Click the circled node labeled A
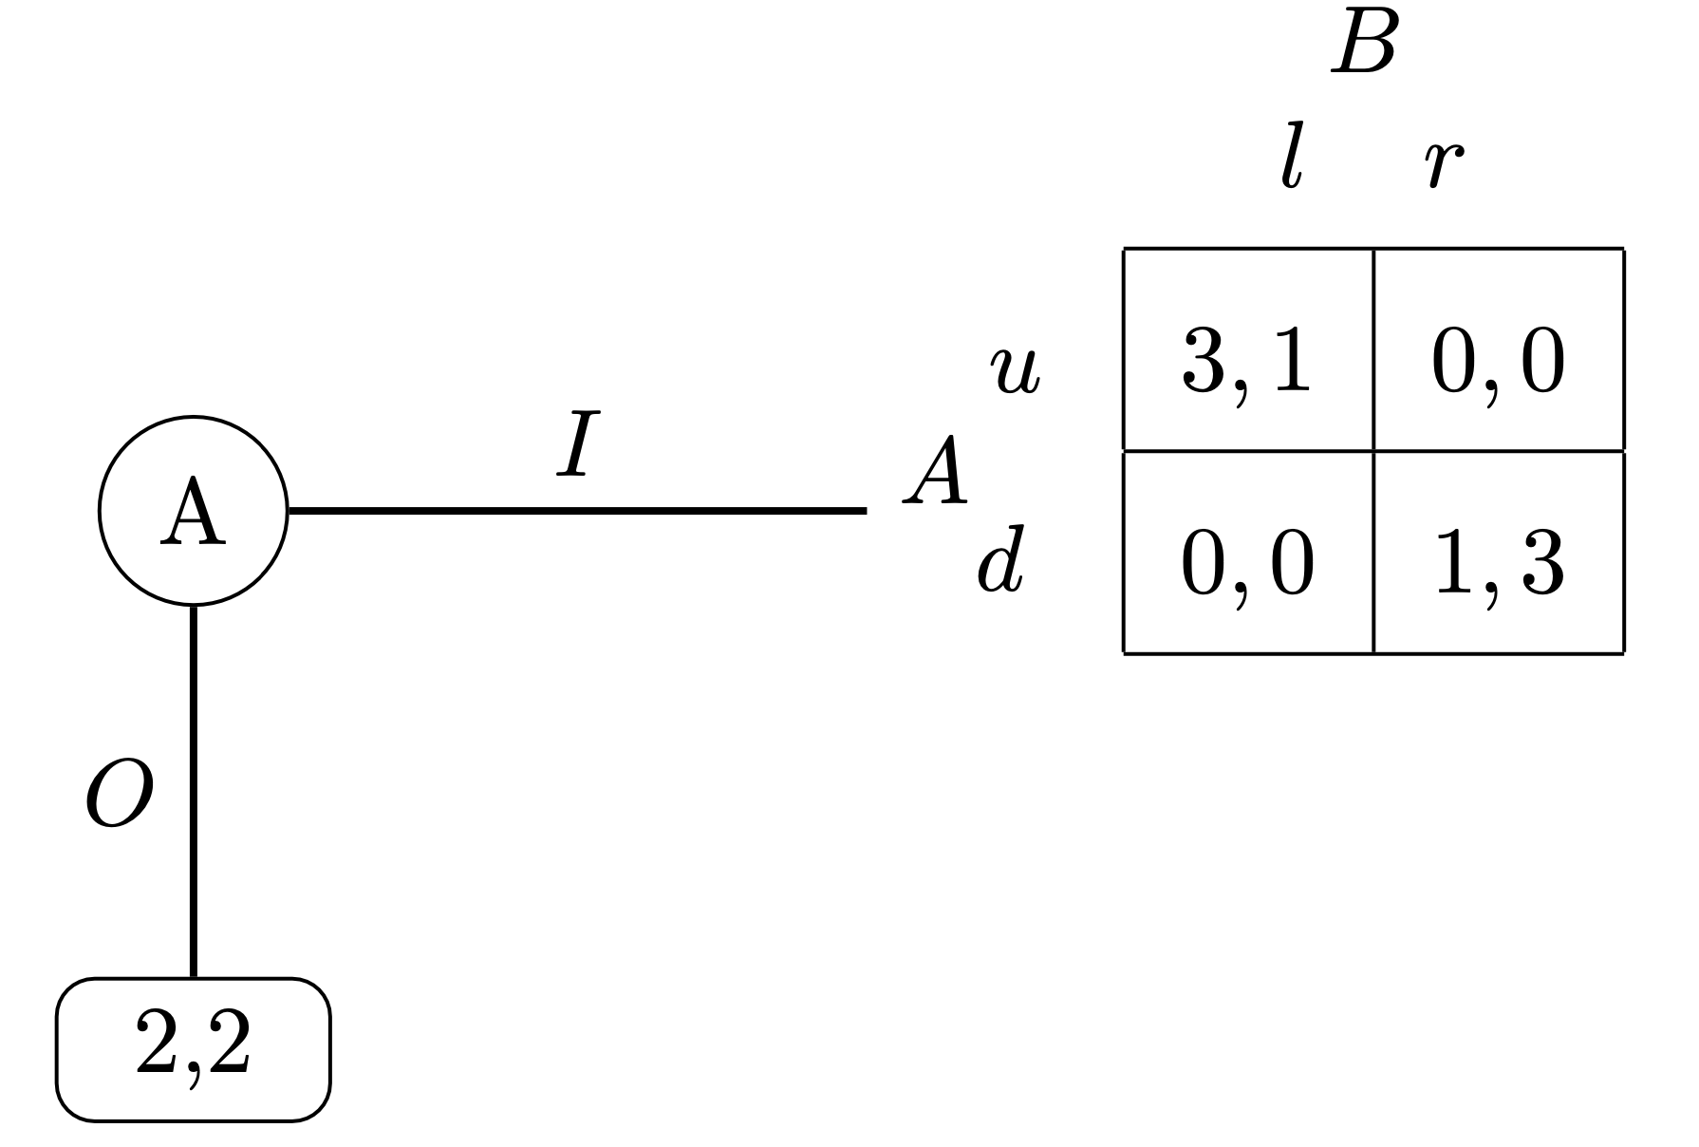(193, 511)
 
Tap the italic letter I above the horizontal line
(577, 443)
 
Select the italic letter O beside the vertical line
(120, 795)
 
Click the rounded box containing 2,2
(194, 1049)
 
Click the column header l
(1289, 163)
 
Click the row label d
(1001, 568)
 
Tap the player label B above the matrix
(1365, 46)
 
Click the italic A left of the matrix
(936, 473)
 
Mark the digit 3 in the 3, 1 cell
(1204, 364)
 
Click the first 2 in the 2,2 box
(159, 1042)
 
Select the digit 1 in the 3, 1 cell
(1291, 364)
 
